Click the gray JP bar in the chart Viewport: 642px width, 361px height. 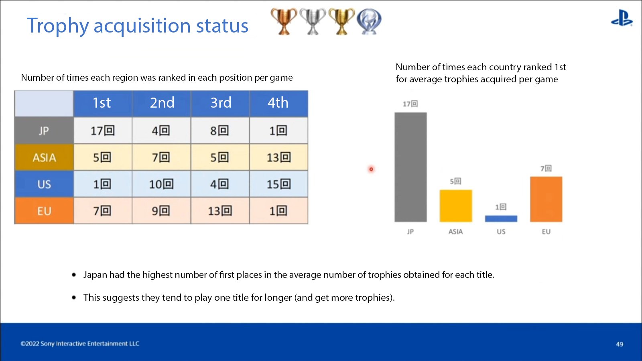tap(410, 167)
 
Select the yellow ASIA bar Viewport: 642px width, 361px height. tap(456, 206)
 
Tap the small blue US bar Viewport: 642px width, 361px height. tap(501, 218)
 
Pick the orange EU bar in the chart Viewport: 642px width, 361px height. tap(546, 199)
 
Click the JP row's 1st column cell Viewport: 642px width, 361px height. tap(103, 131)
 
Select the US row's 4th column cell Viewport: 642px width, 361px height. tap(278, 184)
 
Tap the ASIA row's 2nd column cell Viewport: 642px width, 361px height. tap(161, 157)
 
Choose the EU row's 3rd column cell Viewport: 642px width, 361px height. tap(220, 211)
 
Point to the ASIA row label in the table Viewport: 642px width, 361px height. tap(44, 157)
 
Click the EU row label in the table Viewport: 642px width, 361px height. tap(44, 211)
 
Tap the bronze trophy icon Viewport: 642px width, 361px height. tap(284, 22)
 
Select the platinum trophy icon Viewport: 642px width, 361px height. tap(369, 22)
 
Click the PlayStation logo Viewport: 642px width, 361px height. tap(622, 18)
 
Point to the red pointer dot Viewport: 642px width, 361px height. tap(371, 169)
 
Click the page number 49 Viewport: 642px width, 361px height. tap(620, 344)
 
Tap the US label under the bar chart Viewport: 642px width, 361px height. tap(501, 232)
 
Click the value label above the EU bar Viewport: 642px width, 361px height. tap(546, 168)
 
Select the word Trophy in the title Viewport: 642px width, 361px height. tap(58, 26)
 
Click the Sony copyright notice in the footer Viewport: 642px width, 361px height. tap(80, 343)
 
